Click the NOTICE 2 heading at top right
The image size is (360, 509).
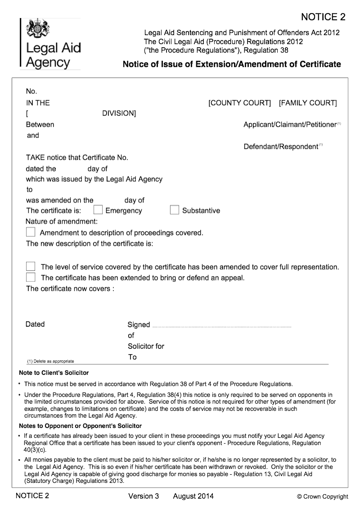[x=323, y=17]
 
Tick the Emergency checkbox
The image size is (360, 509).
[x=98, y=210]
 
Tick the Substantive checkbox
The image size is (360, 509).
[x=175, y=210]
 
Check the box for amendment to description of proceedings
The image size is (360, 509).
[x=31, y=232]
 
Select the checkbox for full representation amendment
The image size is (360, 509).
[x=31, y=266]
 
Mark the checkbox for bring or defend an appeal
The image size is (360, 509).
[x=31, y=277]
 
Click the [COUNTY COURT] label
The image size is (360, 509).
[x=239, y=103]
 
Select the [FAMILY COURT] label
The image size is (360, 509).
[x=308, y=103]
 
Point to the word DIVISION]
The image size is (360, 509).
[x=119, y=114]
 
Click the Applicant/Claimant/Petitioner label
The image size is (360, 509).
[x=290, y=125]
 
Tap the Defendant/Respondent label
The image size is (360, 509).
[x=281, y=147]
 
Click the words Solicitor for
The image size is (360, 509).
[x=146, y=347]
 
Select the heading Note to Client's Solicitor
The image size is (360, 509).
[x=54, y=373]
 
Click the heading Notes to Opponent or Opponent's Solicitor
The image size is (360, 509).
[x=81, y=426]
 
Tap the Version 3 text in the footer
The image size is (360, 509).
[x=144, y=496]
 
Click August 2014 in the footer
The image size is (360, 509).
[x=193, y=496]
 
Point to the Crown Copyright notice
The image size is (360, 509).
[x=322, y=497]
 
